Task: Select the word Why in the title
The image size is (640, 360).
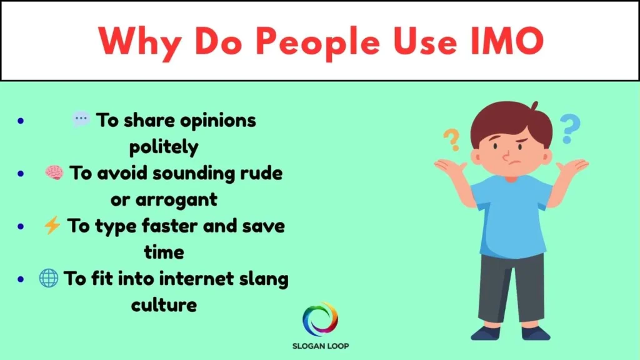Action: pyautogui.click(x=134, y=41)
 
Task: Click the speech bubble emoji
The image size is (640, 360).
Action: pyautogui.click(x=81, y=120)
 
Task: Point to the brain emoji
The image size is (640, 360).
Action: pyautogui.click(x=54, y=173)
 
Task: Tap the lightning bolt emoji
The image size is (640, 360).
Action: pyautogui.click(x=52, y=226)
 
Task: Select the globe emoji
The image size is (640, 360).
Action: pyautogui.click(x=48, y=279)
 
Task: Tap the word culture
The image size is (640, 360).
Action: pyautogui.click(x=164, y=306)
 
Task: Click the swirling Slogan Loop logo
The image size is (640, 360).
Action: pyautogui.click(x=320, y=319)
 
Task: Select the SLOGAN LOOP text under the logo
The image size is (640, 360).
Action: pyautogui.click(x=320, y=345)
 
